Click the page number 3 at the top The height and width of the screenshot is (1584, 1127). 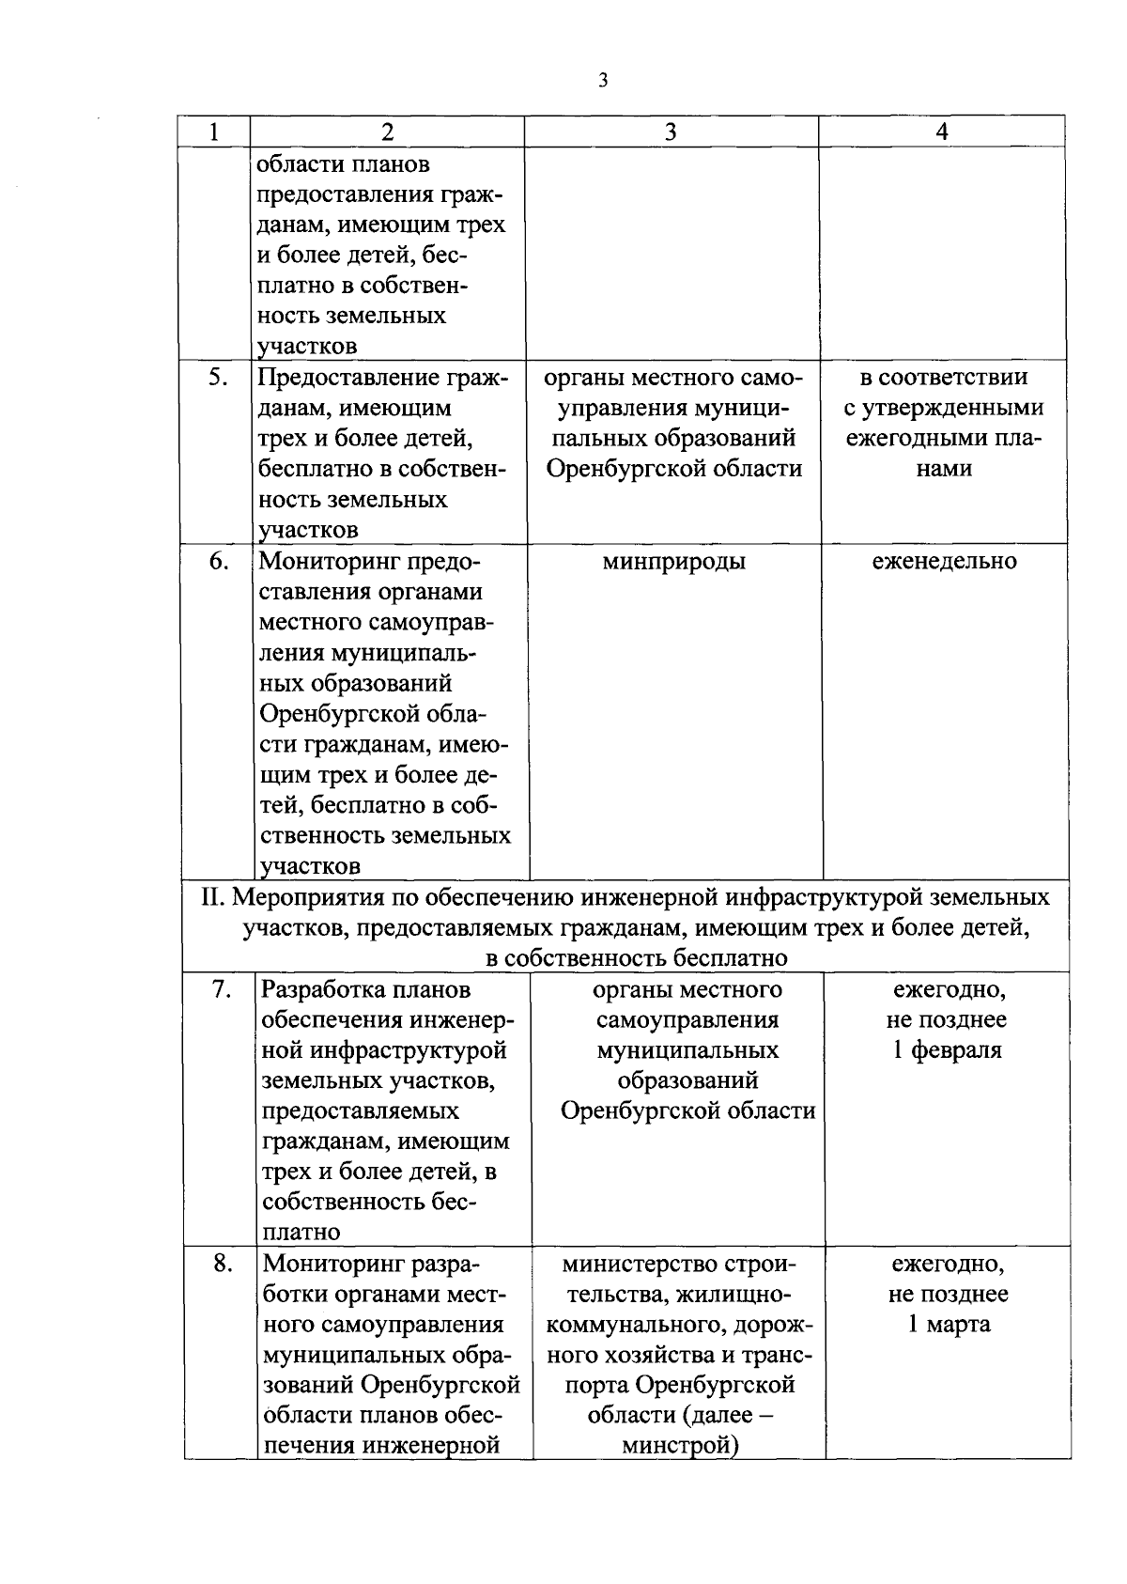point(602,81)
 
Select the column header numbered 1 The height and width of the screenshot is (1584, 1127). point(215,132)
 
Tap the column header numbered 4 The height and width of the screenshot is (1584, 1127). point(942,132)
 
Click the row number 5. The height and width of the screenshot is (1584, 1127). point(217,378)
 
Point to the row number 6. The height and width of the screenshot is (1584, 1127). point(217,562)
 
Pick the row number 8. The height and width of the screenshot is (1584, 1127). point(221,1264)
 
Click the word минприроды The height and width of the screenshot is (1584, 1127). point(673,562)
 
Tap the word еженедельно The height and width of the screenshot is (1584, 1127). point(944,562)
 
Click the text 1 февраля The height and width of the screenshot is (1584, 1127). point(947,1050)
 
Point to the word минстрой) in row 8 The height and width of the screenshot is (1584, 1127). point(680,1446)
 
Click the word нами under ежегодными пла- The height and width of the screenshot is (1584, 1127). point(944,469)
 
